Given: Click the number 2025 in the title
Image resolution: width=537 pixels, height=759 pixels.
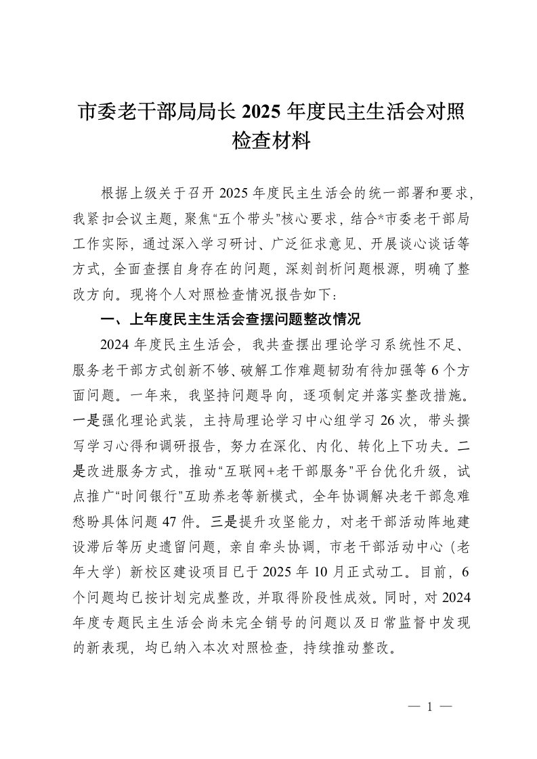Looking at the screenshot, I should pos(261,110).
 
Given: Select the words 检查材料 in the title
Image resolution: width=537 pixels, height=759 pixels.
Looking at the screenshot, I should pos(269,141).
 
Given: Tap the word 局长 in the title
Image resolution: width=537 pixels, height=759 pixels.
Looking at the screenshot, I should pos(217,110).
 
